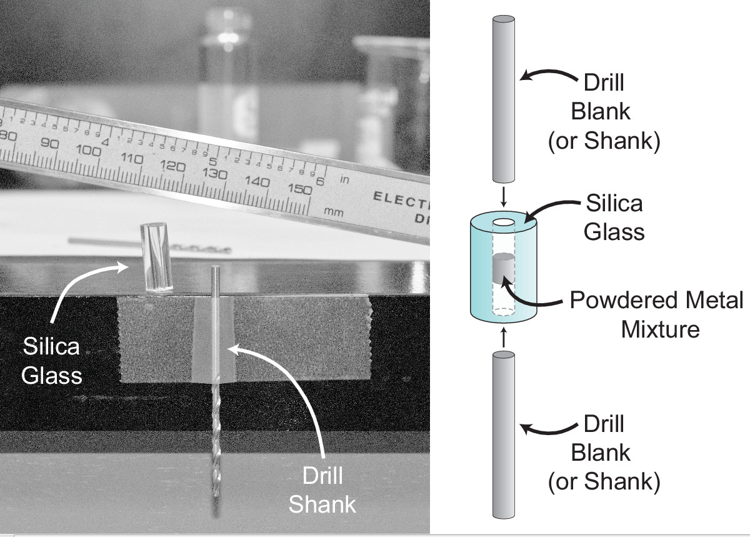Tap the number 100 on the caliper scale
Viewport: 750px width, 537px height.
pyautogui.click(x=90, y=151)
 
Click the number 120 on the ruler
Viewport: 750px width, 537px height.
pyautogui.click(x=173, y=166)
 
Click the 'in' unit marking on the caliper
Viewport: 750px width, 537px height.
pyautogui.click(x=344, y=179)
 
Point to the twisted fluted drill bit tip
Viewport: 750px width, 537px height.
pyautogui.click(x=216, y=450)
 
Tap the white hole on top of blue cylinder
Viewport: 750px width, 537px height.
pyautogui.click(x=503, y=223)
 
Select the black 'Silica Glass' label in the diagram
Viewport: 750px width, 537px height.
pyautogui.click(x=614, y=218)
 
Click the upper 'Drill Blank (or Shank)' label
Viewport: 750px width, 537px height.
pyautogui.click(x=603, y=113)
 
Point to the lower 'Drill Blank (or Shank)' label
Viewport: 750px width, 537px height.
pyautogui.click(x=603, y=453)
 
